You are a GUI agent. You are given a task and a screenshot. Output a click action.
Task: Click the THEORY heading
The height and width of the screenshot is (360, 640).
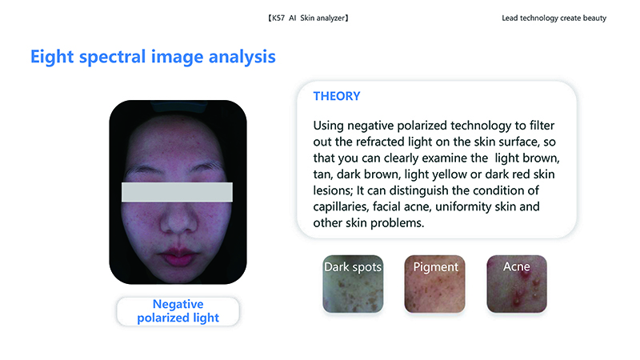pos(337,96)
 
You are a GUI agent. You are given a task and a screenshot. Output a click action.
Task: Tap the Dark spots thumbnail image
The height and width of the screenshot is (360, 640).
pos(353,284)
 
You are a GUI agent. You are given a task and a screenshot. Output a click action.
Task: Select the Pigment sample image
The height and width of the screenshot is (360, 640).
pos(434,284)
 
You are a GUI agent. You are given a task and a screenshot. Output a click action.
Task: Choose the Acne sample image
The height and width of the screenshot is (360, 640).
pos(517,284)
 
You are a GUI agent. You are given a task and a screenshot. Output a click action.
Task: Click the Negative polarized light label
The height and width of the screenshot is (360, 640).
pos(178,311)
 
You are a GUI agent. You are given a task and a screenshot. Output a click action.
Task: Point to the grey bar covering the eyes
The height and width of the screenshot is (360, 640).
pos(177,192)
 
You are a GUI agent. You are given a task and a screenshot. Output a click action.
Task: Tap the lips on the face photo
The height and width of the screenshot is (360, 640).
pos(178,256)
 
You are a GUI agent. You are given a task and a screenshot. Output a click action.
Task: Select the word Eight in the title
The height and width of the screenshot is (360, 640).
pos(51,57)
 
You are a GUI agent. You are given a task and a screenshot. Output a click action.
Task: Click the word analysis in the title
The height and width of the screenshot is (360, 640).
pos(242,57)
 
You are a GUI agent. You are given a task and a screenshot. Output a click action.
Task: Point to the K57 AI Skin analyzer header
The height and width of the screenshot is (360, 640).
pos(308,18)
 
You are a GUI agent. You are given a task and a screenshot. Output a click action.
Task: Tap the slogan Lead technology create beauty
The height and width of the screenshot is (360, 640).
pos(554,18)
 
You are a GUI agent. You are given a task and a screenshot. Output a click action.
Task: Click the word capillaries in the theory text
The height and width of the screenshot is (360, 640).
pos(342,207)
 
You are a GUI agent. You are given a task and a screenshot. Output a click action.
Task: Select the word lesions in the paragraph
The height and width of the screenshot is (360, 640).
pos(333,190)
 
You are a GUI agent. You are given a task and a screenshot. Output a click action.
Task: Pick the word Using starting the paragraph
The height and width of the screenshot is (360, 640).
pos(329,126)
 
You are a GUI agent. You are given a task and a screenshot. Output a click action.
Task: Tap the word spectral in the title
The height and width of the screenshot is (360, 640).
pos(112,57)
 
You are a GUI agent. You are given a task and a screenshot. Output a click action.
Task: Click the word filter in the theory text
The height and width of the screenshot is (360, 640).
pos(542,126)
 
